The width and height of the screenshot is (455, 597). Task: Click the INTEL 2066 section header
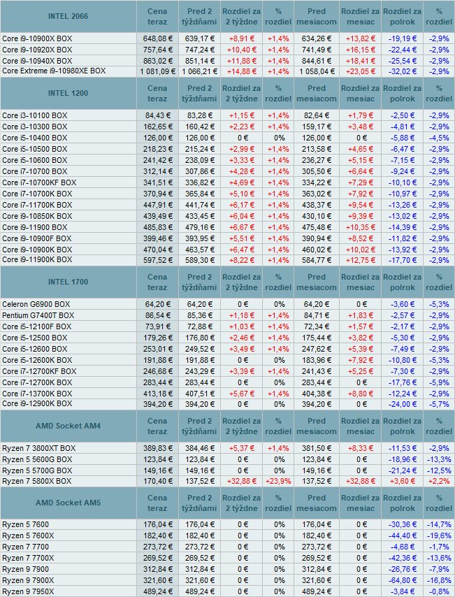pyautogui.click(x=68, y=16)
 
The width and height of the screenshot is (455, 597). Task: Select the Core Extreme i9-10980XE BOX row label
pyautogui.click(x=54, y=71)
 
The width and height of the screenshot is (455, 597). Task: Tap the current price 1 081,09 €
pyautogui.click(x=157, y=71)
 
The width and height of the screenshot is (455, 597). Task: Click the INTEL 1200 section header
pyautogui.click(x=68, y=93)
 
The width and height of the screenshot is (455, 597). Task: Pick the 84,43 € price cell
pyautogui.click(x=158, y=115)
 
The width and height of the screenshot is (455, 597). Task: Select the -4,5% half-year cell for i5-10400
pyautogui.click(x=439, y=138)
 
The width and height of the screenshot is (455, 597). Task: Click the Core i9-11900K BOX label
pyautogui.click(x=37, y=260)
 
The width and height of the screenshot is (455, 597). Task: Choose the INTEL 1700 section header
pyautogui.click(x=68, y=282)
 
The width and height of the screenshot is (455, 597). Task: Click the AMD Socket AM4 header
pyautogui.click(x=68, y=426)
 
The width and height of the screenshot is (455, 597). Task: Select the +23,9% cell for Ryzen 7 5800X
pyautogui.click(x=277, y=481)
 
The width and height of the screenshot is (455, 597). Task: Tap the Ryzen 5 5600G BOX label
pyautogui.click(x=36, y=459)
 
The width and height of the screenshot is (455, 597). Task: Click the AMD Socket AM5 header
pyautogui.click(x=68, y=503)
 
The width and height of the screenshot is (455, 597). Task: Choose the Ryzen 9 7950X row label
pyautogui.click(x=28, y=591)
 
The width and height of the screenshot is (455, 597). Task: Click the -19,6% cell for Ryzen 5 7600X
pyautogui.click(x=439, y=535)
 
